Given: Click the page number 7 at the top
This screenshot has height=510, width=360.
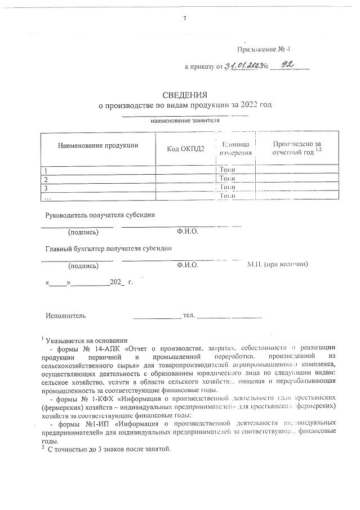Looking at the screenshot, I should [185, 19].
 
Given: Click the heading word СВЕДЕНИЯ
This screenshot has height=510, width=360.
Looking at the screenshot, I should [185, 95].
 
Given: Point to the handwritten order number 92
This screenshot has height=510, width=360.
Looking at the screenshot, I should [288, 65].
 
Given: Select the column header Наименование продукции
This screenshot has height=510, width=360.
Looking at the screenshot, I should [97, 145].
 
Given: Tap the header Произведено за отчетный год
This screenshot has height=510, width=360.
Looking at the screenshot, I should [296, 148].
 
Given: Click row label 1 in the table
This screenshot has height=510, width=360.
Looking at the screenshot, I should [46, 170].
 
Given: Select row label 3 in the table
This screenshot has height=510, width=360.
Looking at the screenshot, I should [46, 187].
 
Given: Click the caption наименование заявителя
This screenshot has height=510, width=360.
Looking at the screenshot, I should [185, 120].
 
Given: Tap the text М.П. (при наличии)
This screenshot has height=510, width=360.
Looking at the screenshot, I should [278, 264].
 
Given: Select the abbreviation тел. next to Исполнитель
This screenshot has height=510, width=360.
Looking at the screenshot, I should [189, 314].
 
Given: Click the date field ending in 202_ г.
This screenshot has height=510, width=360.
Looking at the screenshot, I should [88, 281].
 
